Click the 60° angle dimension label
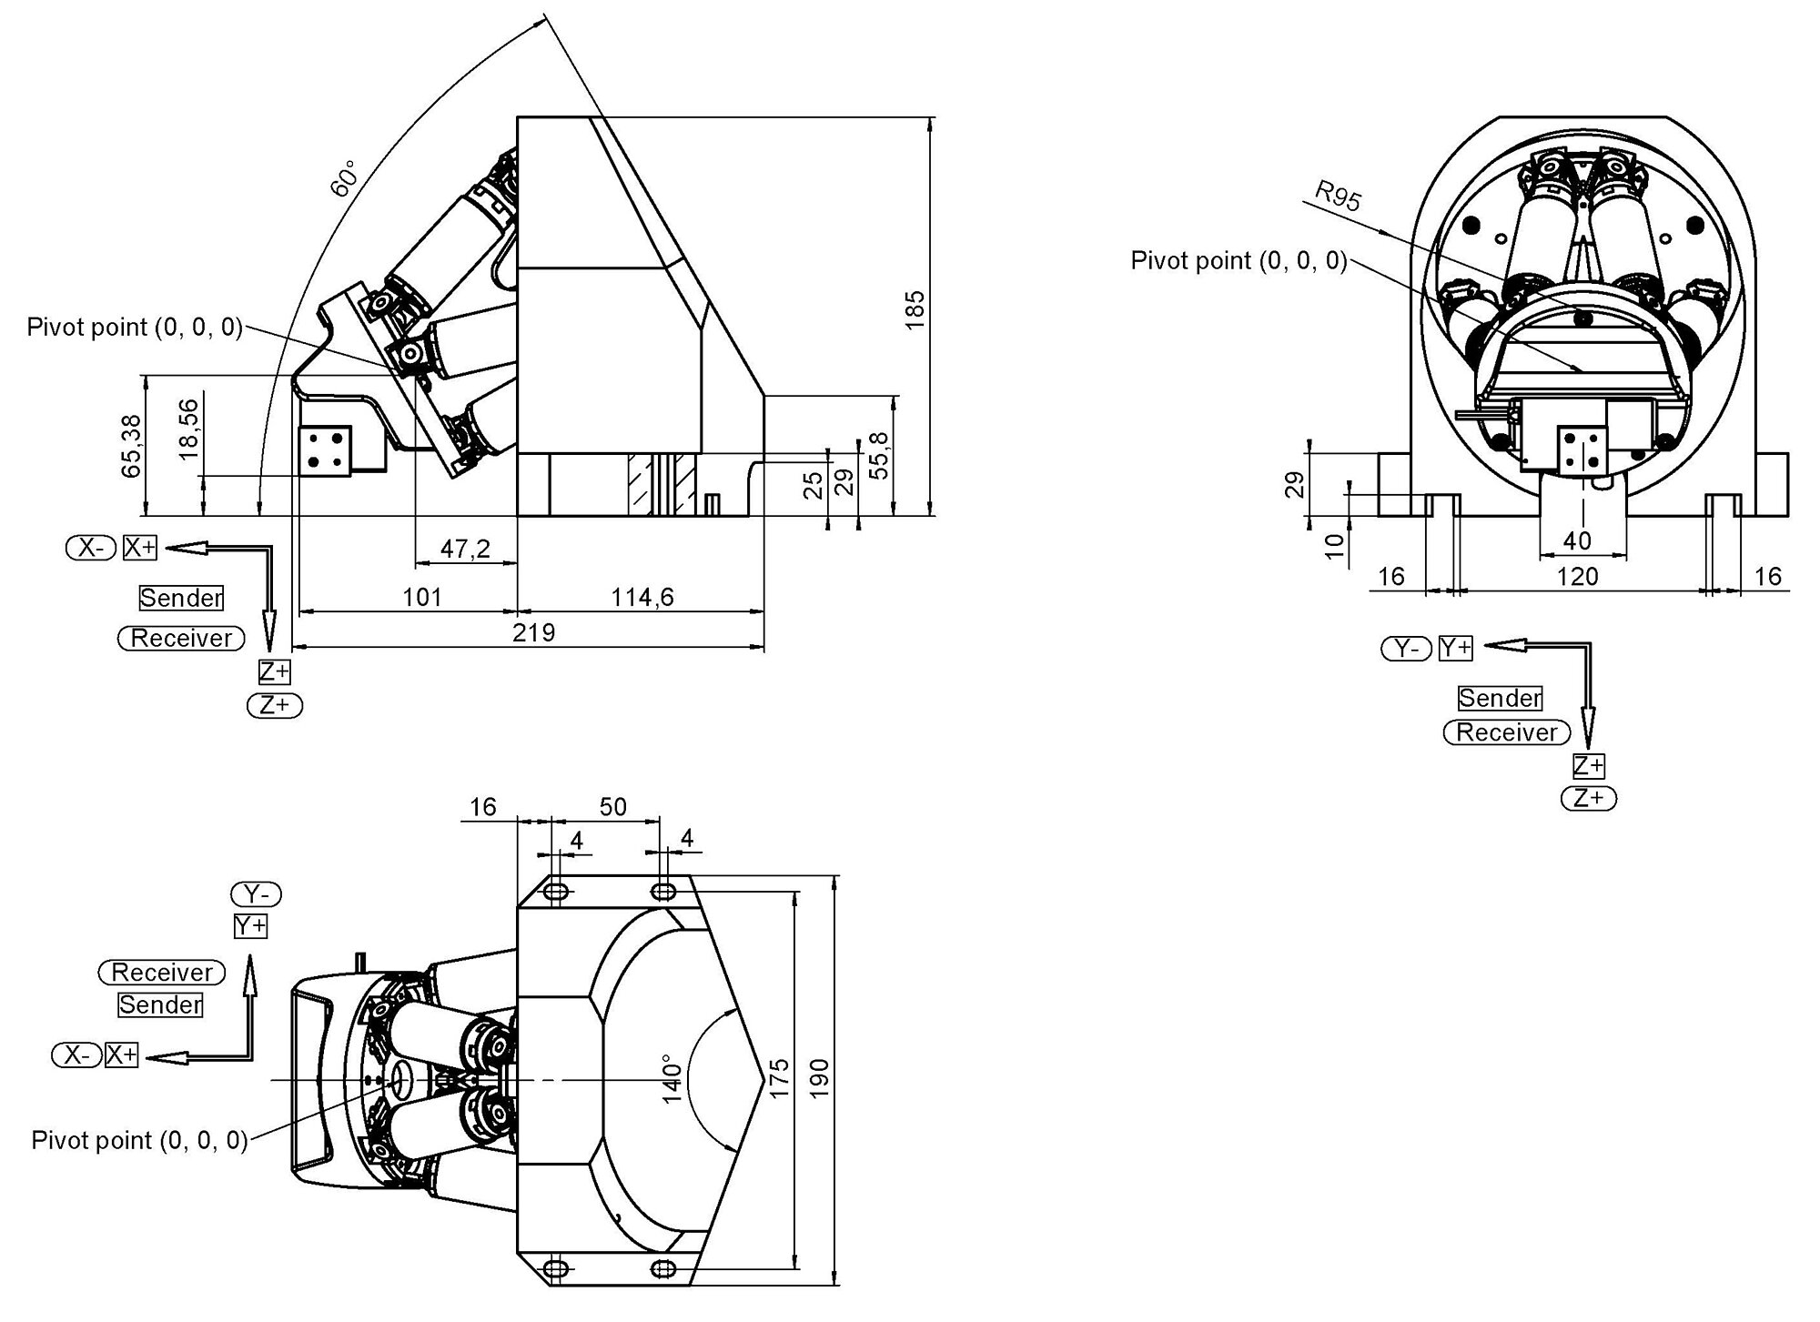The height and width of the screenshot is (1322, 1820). pyautogui.click(x=345, y=178)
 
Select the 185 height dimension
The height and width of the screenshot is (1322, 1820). pyautogui.click(x=915, y=309)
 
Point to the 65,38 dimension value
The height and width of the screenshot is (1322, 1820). pyautogui.click(x=132, y=446)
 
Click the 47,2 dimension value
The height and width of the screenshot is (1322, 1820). pyautogui.click(x=465, y=549)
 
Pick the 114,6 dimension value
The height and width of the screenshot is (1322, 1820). pyautogui.click(x=642, y=597)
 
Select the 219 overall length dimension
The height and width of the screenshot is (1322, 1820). pyautogui.click(x=533, y=631)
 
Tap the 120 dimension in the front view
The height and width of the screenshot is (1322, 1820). pyautogui.click(x=1577, y=576)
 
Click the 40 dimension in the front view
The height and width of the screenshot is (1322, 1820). pyautogui.click(x=1577, y=541)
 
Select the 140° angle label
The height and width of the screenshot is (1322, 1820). pyautogui.click(x=672, y=1079)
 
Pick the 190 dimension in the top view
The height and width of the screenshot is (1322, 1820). pyautogui.click(x=819, y=1078)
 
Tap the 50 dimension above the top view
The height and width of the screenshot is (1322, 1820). pyautogui.click(x=613, y=807)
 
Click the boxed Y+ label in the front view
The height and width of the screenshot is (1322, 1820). pyautogui.click(x=1456, y=648)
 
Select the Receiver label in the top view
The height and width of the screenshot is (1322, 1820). pyautogui.click(x=162, y=972)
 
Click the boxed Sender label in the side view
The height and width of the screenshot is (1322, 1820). pyautogui.click(x=181, y=598)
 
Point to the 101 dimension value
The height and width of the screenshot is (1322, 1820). pyautogui.click(x=422, y=597)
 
